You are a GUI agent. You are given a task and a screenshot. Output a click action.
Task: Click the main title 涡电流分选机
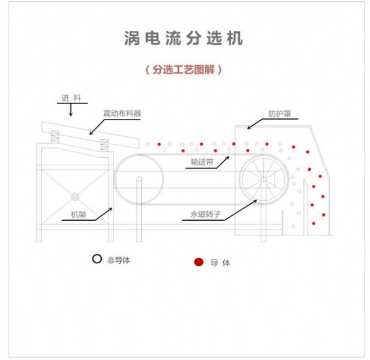(x=184, y=38)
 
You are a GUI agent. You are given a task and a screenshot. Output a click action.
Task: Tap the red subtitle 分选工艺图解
(x=184, y=70)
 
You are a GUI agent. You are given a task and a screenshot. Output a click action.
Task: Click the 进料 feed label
(x=72, y=98)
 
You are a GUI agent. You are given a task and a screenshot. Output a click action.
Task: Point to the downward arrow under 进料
(x=71, y=110)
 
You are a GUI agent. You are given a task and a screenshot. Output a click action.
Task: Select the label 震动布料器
(x=122, y=113)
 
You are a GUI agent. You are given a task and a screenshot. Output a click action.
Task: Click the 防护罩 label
(x=279, y=113)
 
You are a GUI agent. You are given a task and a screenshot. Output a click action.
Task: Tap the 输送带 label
(x=202, y=162)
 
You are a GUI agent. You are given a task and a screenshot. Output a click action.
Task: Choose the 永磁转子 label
(x=205, y=214)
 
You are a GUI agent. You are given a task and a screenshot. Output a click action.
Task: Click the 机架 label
(x=78, y=215)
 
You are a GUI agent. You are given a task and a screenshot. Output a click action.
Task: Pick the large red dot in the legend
(x=199, y=262)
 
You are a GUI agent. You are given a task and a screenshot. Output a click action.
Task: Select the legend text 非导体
(x=118, y=261)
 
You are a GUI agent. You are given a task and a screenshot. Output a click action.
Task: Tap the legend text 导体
(x=220, y=263)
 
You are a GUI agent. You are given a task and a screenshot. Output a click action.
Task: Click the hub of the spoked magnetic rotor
(x=263, y=180)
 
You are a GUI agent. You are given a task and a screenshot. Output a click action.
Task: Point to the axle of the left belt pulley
(x=139, y=179)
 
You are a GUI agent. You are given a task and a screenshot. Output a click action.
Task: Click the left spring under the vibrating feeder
(x=55, y=137)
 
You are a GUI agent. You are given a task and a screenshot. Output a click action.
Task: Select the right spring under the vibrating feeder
(x=105, y=145)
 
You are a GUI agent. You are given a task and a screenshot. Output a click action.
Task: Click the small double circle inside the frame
(x=75, y=197)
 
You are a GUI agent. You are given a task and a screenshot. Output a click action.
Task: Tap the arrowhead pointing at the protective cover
(x=249, y=127)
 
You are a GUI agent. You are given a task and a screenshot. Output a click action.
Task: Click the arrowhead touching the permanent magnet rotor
(x=255, y=202)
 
